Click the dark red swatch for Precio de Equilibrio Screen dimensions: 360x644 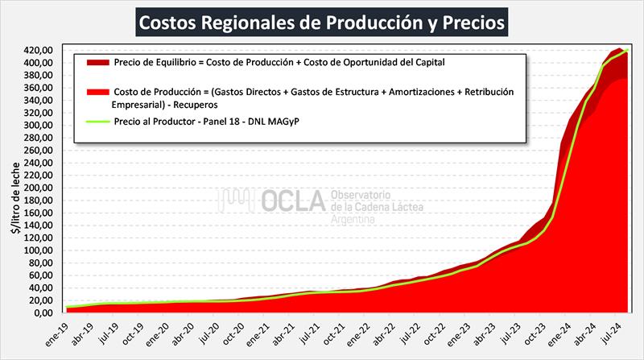coord(93,62)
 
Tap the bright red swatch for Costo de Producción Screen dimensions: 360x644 coord(93,92)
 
